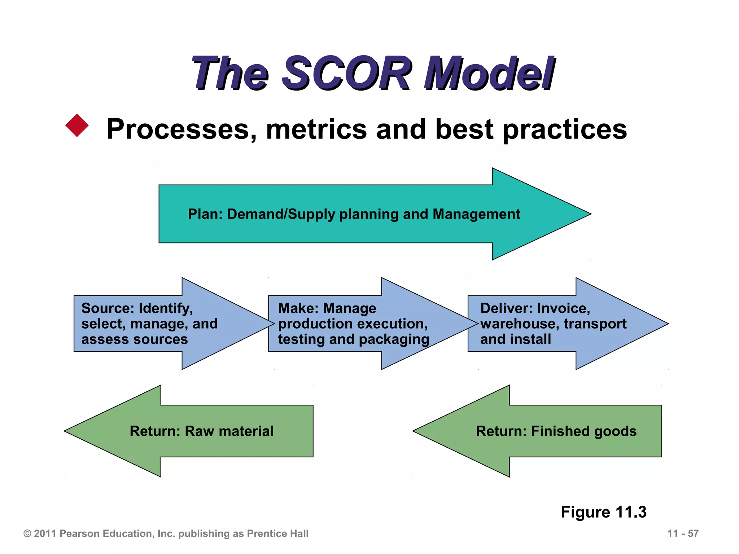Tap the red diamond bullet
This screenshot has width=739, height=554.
(77, 126)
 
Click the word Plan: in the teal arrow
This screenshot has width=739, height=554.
(205, 214)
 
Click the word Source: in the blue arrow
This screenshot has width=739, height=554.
(108, 308)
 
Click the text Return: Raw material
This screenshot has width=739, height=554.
(201, 431)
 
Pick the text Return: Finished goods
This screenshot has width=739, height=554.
(556, 431)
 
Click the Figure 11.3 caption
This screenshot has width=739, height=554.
(603, 512)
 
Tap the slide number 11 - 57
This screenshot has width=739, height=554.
(683, 533)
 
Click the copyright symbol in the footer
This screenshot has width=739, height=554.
(27, 534)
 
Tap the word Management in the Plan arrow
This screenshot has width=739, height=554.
(476, 214)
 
